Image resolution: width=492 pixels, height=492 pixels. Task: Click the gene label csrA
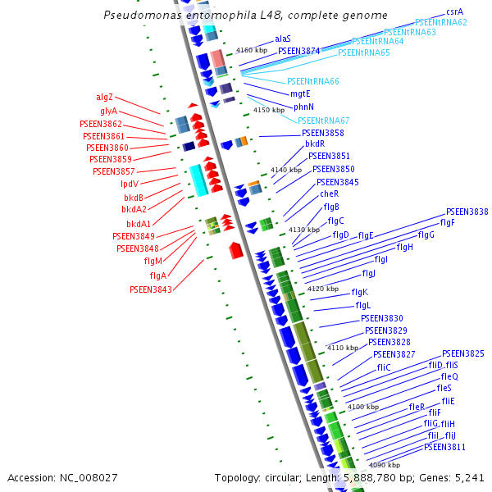click(x=455, y=12)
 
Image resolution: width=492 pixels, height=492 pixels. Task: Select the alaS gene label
click(x=283, y=39)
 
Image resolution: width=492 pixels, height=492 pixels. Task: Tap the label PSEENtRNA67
click(x=324, y=121)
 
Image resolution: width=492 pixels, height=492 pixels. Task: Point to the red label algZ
click(x=104, y=97)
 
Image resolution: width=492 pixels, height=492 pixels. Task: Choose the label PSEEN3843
click(x=151, y=289)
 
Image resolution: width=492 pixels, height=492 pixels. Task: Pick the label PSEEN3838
click(x=467, y=212)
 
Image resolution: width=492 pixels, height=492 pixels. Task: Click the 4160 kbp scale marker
click(x=252, y=50)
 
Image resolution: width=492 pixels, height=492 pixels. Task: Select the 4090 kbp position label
click(x=384, y=465)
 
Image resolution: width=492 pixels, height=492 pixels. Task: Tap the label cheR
click(x=329, y=194)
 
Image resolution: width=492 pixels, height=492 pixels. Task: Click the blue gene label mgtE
click(x=301, y=94)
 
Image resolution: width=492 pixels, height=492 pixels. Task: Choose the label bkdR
click(x=315, y=143)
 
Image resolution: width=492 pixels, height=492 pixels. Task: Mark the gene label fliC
click(x=384, y=367)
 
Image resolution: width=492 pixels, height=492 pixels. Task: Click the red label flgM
click(x=153, y=261)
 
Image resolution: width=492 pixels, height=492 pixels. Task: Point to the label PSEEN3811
click(x=444, y=447)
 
